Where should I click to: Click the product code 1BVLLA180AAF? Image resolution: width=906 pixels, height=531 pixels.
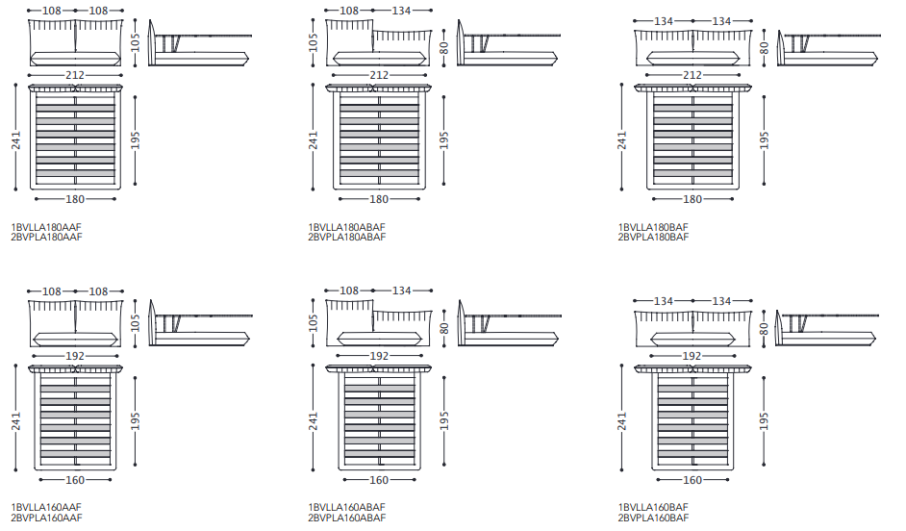(x=46, y=227)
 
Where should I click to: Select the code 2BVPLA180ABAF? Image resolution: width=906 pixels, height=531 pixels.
(x=346, y=237)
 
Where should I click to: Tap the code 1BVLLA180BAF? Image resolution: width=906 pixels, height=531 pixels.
(x=653, y=227)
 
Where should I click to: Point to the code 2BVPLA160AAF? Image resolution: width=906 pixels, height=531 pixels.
(x=46, y=518)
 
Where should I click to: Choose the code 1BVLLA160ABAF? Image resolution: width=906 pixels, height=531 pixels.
(x=346, y=508)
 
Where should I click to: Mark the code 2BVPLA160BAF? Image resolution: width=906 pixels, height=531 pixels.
(x=653, y=518)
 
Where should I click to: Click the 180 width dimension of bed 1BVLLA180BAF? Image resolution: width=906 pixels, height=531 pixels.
(x=692, y=199)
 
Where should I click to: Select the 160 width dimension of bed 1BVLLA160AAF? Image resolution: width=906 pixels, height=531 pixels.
(x=75, y=480)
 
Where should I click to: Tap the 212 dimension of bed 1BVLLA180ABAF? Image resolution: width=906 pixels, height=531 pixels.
(x=379, y=75)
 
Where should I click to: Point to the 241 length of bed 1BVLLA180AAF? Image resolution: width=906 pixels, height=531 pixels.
(x=15, y=139)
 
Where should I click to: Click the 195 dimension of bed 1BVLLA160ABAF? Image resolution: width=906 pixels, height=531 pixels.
(x=444, y=420)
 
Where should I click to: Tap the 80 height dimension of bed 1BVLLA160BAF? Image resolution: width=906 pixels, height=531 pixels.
(x=765, y=327)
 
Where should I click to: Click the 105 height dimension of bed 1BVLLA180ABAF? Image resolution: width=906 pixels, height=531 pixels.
(x=314, y=43)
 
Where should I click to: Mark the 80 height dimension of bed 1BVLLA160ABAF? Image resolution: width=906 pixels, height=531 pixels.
(x=444, y=327)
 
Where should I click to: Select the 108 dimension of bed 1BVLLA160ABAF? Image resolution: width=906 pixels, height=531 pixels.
(x=349, y=291)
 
